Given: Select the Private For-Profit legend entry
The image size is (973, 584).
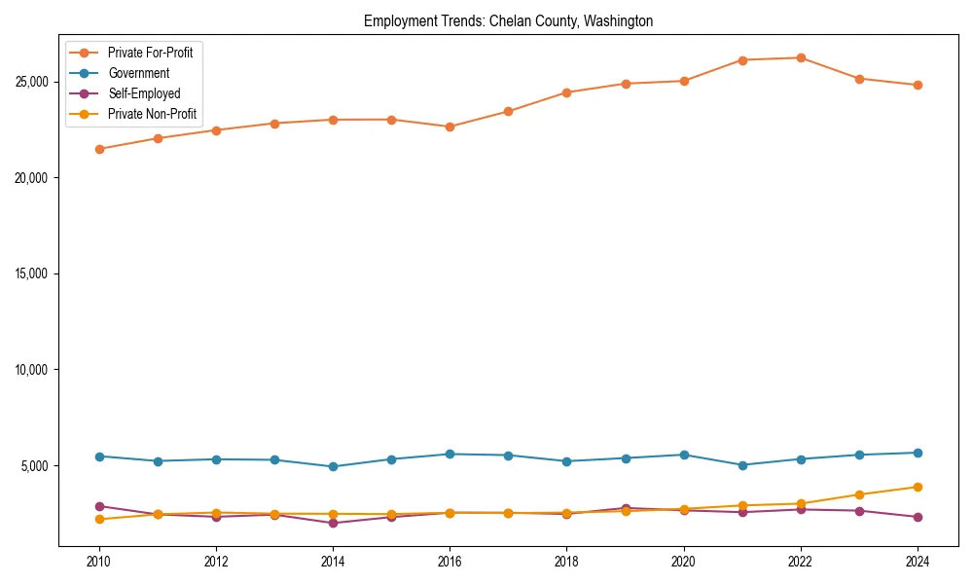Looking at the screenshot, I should coord(150,53).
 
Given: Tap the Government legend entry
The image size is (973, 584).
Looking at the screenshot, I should coord(138,73).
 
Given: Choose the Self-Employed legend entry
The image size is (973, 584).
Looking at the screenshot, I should coord(144,93).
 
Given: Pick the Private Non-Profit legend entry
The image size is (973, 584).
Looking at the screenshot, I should coord(152,114).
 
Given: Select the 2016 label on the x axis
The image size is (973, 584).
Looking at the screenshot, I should coord(450,562).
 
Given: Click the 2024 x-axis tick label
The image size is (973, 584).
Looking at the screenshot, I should coord(918,562).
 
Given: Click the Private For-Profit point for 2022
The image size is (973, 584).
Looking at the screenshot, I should coord(801,57).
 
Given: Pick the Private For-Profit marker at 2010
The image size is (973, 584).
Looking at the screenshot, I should coord(99,149).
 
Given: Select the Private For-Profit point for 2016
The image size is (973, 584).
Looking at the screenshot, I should coord(450,127).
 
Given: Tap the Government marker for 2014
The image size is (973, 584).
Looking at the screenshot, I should coord(333,466).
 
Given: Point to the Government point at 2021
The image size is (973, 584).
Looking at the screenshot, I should coord(742,465).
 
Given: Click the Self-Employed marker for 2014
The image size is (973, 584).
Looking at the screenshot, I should coord(333,523).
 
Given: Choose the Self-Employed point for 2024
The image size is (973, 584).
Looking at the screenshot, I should coord(918,517).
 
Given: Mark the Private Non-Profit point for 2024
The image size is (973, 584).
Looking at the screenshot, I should coord(918,487).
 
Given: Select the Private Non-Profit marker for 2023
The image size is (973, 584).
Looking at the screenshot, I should coord(859,494).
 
